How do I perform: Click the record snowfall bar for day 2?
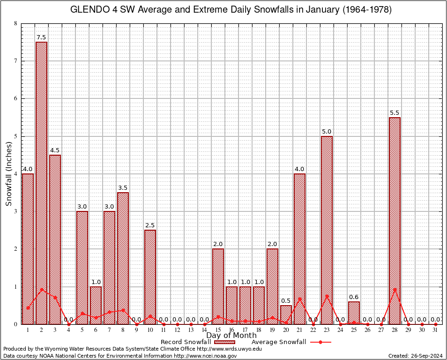pyautogui.click(x=41, y=183)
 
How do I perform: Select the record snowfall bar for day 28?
pyautogui.click(x=395, y=220)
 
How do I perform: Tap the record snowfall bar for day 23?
pyautogui.click(x=327, y=230)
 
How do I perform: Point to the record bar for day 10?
pyautogui.click(x=150, y=277)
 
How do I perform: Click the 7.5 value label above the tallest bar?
pyautogui.click(x=41, y=37)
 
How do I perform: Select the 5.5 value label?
pyautogui.click(x=395, y=112)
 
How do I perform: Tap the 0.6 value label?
pyautogui.click(x=354, y=297)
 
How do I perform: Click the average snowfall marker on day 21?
pyautogui.click(x=299, y=299)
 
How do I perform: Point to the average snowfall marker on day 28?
pyautogui.click(x=395, y=290)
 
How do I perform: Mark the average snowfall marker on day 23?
pyautogui.click(x=327, y=296)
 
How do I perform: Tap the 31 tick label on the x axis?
pyautogui.click(x=436, y=330)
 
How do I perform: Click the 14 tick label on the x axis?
pyautogui.click(x=204, y=330)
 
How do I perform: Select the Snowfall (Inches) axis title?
pyautogui.click(x=8, y=174)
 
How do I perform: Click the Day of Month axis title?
pyautogui.click(x=231, y=335)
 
